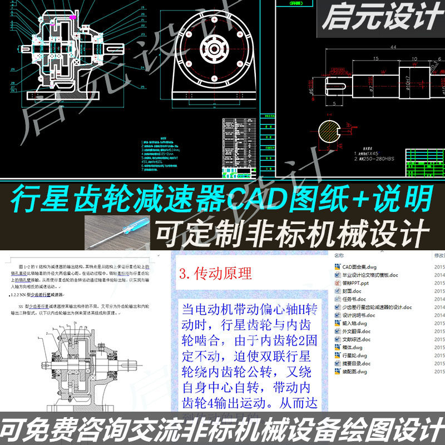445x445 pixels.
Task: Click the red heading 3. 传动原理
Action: click(216, 274)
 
